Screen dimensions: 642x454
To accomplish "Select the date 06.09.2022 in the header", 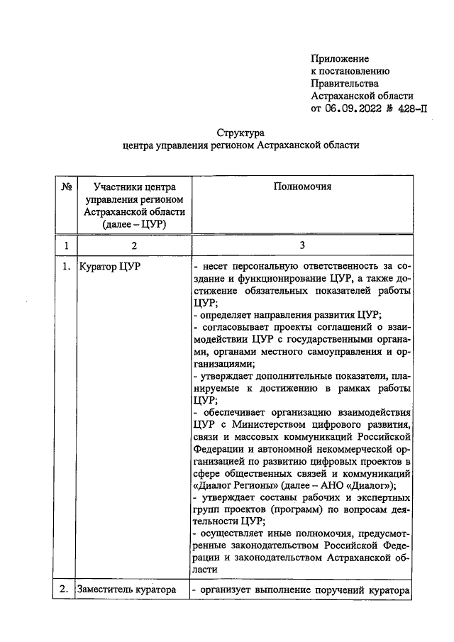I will [353, 109].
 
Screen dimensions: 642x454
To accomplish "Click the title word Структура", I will [240, 133].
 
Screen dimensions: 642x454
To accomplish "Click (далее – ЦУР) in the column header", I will [134, 225].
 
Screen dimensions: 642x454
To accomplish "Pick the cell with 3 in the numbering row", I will [301, 246].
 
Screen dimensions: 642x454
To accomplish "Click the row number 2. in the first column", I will [65, 588].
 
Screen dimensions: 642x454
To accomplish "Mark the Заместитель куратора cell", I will [128, 588].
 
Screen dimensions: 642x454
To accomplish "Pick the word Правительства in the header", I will [345, 84].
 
